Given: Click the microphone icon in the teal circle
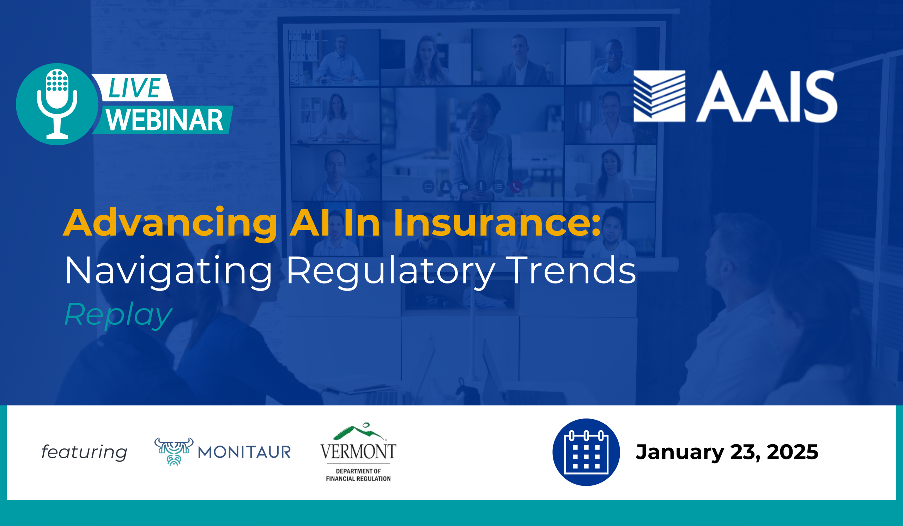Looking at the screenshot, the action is [x=57, y=104].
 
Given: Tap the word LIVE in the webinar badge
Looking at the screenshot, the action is [x=134, y=88].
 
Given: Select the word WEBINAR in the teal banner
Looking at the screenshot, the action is [x=164, y=120].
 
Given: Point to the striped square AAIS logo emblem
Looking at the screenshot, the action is [x=659, y=96].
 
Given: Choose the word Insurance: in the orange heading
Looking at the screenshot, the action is [x=497, y=223].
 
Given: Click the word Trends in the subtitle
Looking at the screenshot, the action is [x=572, y=270].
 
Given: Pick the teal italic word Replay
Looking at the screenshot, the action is [x=118, y=315].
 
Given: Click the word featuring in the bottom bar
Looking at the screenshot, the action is [x=84, y=452].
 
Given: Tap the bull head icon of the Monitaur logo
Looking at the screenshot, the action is [x=174, y=452].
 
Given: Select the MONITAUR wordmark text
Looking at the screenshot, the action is [x=244, y=452].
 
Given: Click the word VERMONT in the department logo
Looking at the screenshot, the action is [x=358, y=452].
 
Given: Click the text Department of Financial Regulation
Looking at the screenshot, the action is [x=358, y=475].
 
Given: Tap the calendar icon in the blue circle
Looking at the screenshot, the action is [x=586, y=452].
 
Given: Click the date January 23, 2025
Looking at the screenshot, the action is [x=727, y=452].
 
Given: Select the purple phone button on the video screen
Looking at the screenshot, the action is [x=516, y=186].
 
